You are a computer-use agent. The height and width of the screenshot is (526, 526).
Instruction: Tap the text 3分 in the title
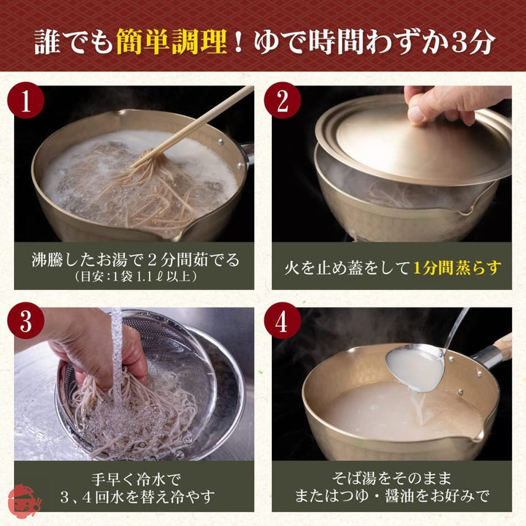click(x=468, y=44)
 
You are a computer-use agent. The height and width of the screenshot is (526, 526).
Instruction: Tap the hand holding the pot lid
click(x=446, y=102)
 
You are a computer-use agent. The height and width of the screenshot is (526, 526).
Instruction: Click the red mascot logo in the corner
click(x=22, y=503)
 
